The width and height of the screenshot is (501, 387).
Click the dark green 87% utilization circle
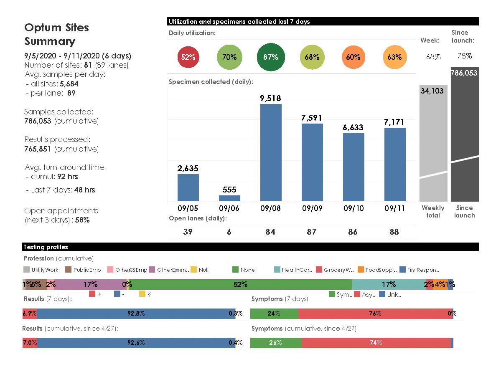(270, 57)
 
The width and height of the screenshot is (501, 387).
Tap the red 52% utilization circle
(188, 57)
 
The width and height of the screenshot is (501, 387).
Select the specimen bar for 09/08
(270, 152)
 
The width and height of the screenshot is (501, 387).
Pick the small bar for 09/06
(229, 198)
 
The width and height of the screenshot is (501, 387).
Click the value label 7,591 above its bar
(312, 118)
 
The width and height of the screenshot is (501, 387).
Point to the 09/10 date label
(353, 208)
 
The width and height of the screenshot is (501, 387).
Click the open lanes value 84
(270, 232)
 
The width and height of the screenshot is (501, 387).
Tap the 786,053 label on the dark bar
(464, 73)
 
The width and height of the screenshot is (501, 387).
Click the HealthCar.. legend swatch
(277, 270)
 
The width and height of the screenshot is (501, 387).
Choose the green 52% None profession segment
(240, 285)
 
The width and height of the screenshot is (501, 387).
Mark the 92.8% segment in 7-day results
(136, 314)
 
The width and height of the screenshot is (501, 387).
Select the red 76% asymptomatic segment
(375, 314)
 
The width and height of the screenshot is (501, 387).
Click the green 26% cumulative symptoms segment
(275, 343)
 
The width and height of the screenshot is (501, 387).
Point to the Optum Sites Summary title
(56, 34)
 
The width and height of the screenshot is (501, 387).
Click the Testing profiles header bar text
(46, 247)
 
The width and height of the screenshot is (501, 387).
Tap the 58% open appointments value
(82, 220)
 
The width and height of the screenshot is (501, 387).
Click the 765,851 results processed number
(38, 149)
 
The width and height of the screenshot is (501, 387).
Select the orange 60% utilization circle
(353, 57)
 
